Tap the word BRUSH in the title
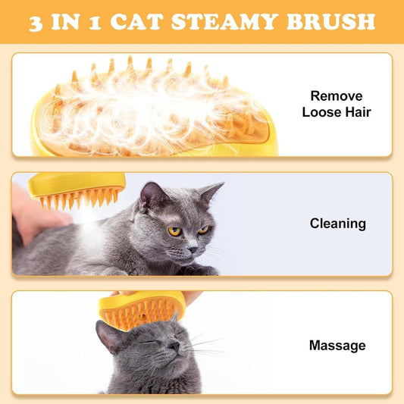coord(330,21)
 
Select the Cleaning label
coord(337,224)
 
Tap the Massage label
coord(337,346)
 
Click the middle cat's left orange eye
coord(174,231)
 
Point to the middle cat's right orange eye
coord(202,230)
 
